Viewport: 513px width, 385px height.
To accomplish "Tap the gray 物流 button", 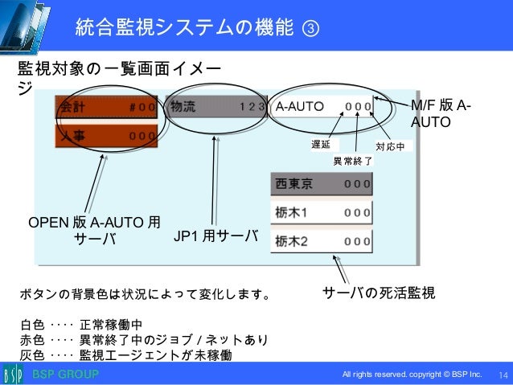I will [215, 107].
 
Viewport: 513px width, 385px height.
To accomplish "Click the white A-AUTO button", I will [321, 107].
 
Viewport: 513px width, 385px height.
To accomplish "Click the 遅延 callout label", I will [321, 145].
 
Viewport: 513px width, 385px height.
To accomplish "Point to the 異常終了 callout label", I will [352, 161].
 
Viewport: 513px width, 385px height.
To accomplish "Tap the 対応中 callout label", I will [394, 146].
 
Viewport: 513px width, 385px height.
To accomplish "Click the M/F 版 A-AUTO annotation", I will [441, 114].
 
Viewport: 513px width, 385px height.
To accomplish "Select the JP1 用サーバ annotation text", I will [215, 236].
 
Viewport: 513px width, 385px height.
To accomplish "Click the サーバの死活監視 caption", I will [379, 293].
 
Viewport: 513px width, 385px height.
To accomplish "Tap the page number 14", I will [504, 375].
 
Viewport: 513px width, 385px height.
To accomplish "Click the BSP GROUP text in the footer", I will [65, 375].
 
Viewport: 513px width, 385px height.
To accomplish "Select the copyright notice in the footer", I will [412, 375].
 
